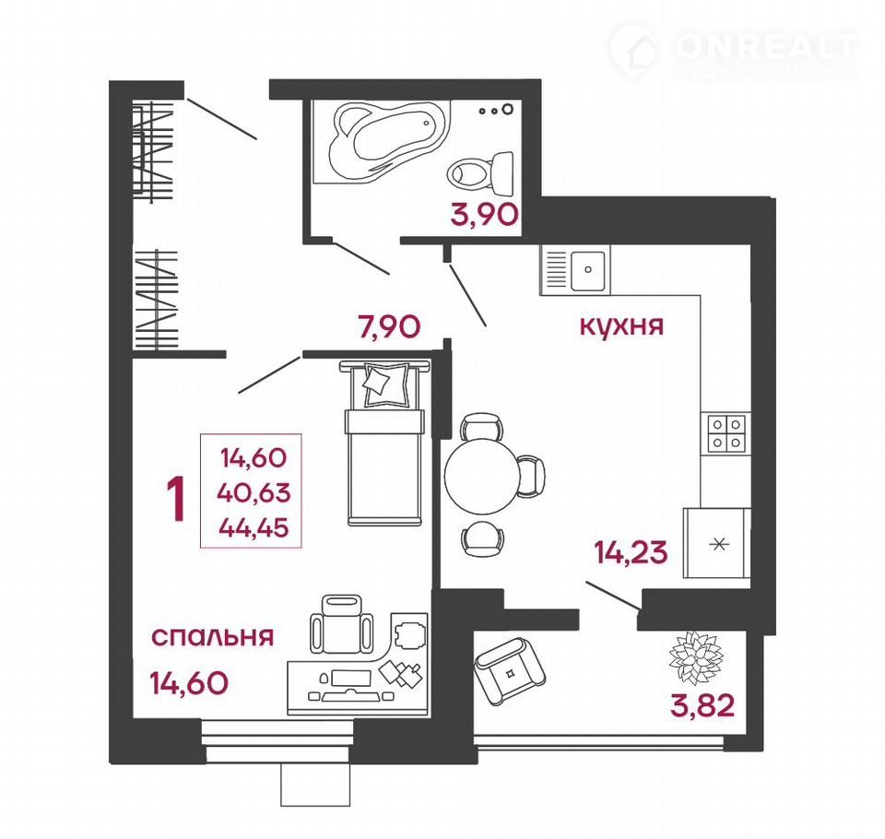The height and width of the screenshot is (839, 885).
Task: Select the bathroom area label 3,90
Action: point(484,215)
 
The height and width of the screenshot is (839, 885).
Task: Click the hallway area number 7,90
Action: point(389,325)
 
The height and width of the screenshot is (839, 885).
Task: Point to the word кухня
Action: point(621,325)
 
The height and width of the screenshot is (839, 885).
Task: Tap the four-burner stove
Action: point(726,432)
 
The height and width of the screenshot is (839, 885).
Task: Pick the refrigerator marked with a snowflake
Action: point(717,543)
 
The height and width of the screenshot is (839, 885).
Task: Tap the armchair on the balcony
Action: point(510,670)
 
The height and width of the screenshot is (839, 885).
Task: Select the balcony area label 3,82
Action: point(702,705)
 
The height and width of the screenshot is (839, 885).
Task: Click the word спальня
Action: point(213,637)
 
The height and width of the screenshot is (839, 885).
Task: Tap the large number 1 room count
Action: point(178,499)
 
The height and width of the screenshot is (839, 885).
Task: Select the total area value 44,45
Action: point(254,527)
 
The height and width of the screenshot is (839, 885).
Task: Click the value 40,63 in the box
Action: point(254,492)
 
